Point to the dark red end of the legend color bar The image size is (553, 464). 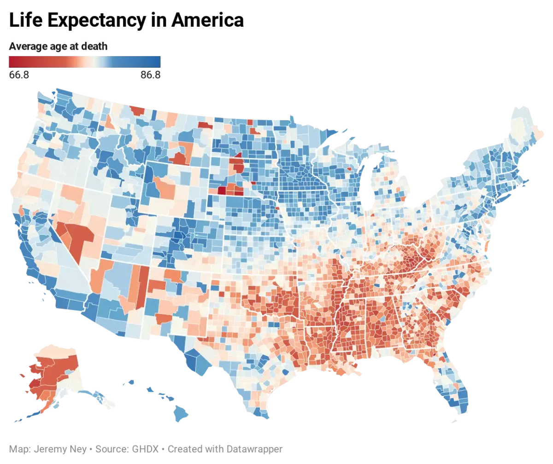point(11,62)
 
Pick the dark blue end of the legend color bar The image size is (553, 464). point(158,62)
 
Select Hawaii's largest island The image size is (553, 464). point(182,413)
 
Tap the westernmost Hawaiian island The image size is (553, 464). point(129,382)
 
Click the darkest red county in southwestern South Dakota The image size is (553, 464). point(222,190)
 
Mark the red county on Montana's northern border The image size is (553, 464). point(137,110)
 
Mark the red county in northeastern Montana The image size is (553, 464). point(205,125)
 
